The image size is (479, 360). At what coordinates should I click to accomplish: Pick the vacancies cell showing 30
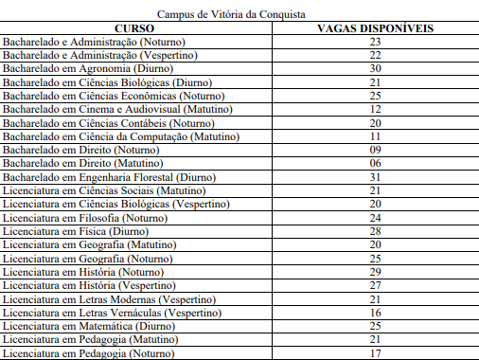(x=376, y=69)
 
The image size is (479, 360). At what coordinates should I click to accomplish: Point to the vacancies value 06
(x=376, y=163)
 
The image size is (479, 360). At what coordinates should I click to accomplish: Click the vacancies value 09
(x=376, y=150)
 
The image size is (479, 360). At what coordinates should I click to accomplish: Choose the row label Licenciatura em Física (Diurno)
(x=76, y=231)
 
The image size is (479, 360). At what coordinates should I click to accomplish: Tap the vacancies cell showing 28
(x=376, y=231)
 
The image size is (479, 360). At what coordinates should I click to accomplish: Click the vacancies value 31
(x=376, y=177)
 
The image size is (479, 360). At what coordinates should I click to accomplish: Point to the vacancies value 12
(x=376, y=110)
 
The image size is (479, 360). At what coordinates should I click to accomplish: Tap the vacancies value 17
(x=376, y=353)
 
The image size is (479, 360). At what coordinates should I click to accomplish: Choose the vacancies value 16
(x=376, y=313)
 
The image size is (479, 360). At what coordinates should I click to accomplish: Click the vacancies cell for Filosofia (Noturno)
(x=376, y=218)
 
